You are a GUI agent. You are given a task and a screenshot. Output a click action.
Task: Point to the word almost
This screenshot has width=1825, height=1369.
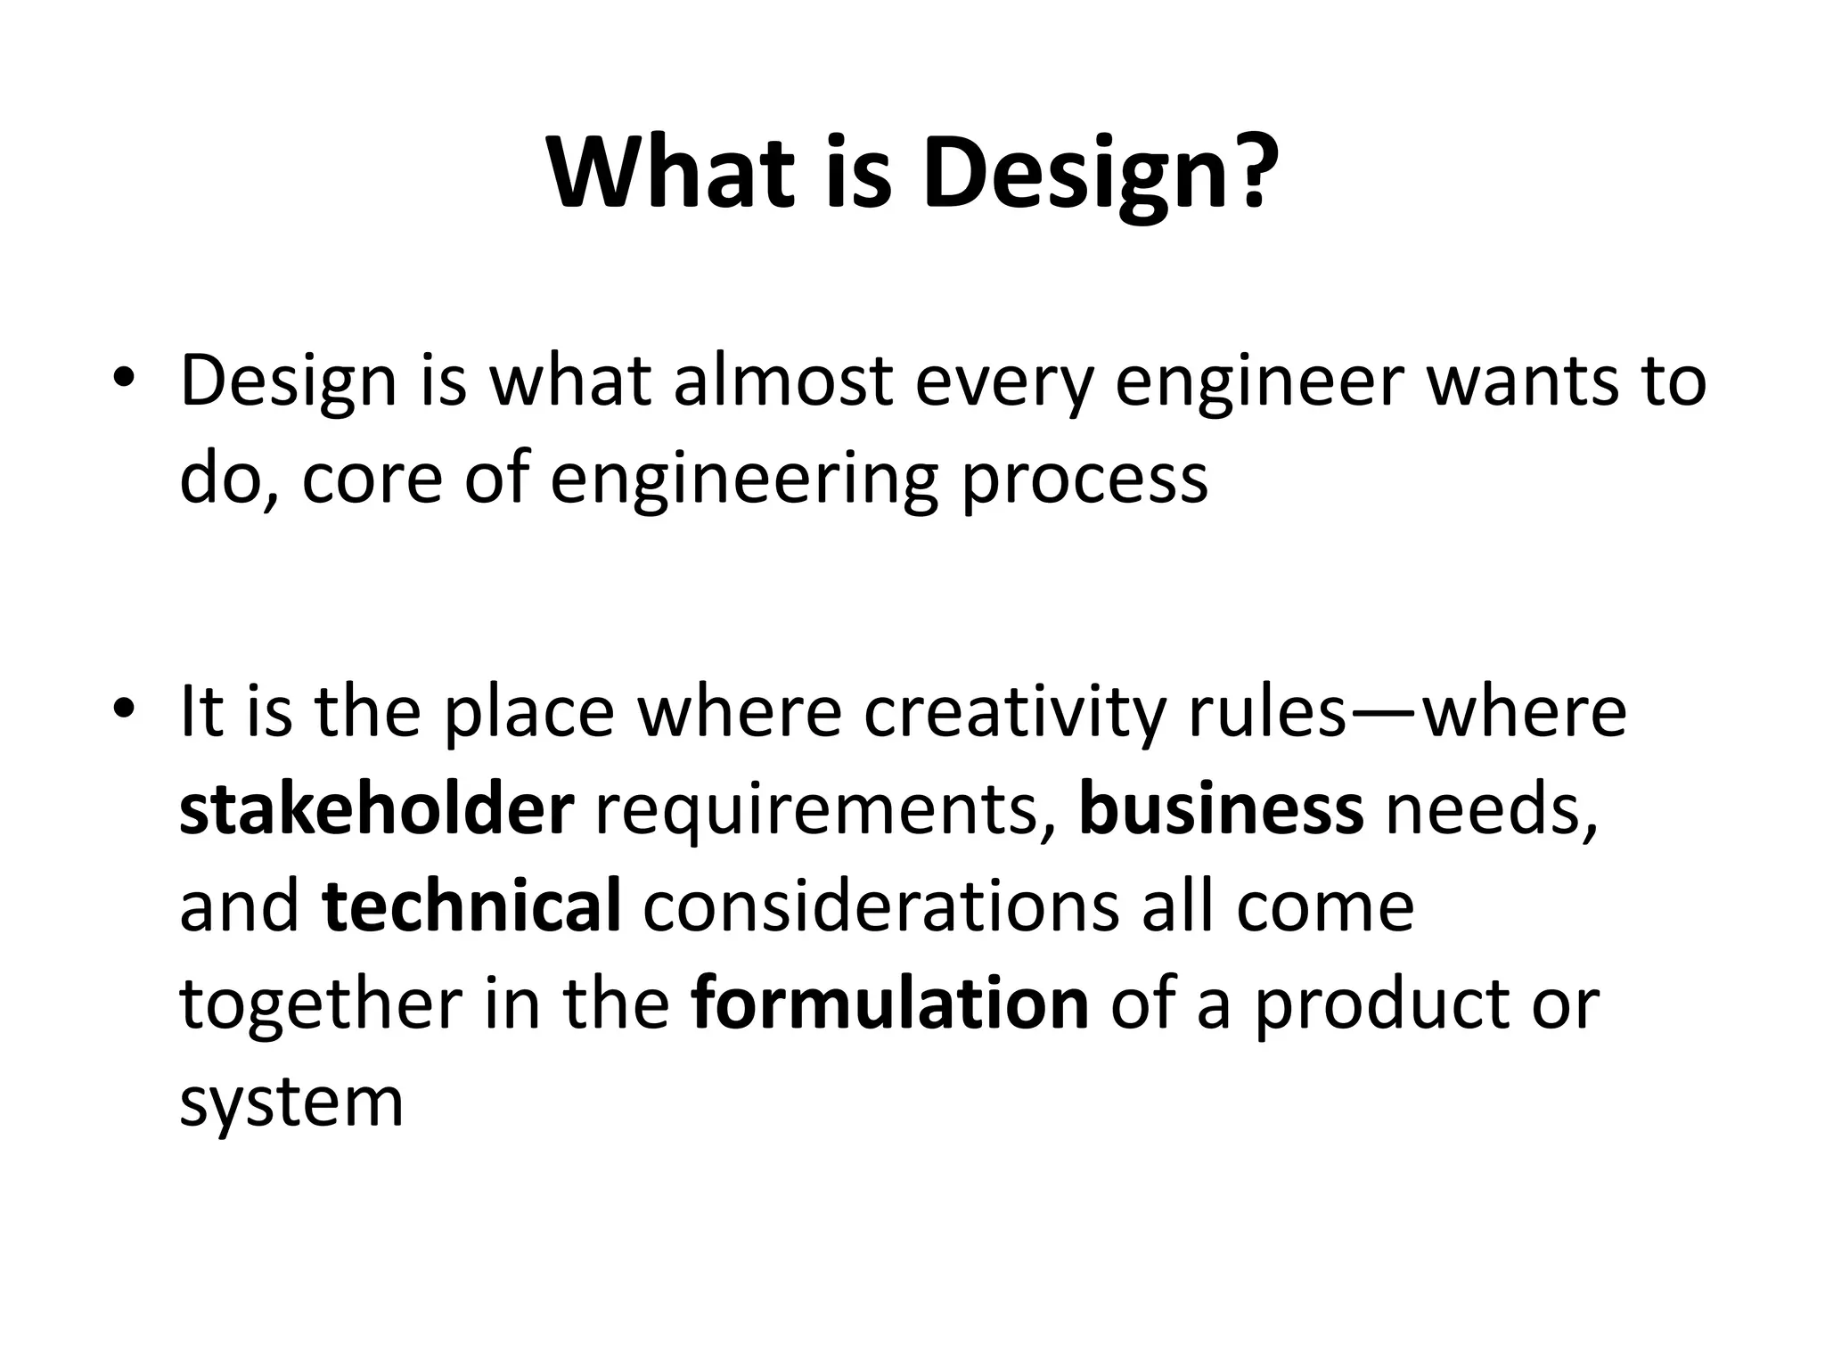pyautogui.click(x=782, y=381)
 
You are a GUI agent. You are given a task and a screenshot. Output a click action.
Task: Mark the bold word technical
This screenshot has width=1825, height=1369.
pyautogui.click(x=471, y=906)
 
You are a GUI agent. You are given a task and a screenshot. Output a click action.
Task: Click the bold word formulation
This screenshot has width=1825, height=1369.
pyautogui.click(x=889, y=1004)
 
